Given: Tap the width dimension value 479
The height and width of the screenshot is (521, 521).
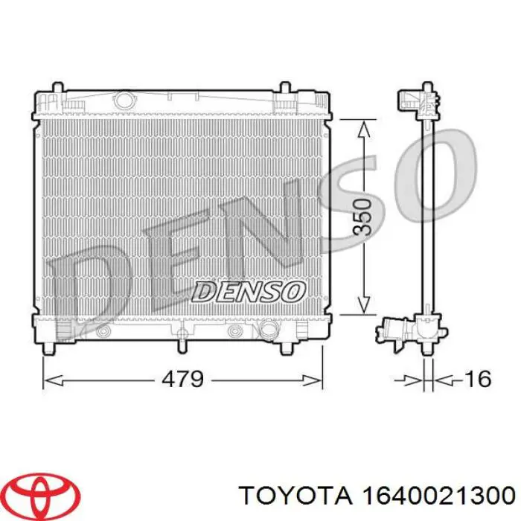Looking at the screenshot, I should click(x=182, y=380).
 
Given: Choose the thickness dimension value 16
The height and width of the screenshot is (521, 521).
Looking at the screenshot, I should click(x=476, y=380).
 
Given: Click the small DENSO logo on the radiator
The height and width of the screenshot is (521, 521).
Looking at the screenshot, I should click(x=249, y=290).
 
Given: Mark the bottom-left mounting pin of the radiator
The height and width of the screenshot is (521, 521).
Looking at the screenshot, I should click(x=50, y=348).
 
